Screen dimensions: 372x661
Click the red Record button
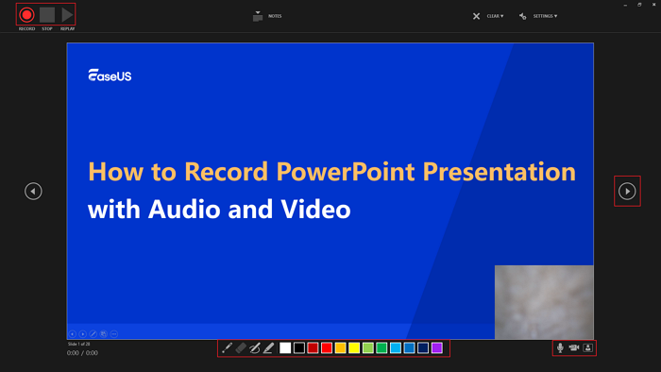[26, 15]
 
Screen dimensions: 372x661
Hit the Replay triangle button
[67, 15]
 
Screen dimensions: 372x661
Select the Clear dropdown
[488, 16]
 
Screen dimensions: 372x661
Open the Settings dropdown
[538, 16]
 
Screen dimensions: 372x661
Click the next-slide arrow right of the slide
[627, 192]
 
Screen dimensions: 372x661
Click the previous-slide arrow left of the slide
[33, 192]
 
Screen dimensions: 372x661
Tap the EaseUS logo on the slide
[110, 76]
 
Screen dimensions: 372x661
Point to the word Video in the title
[314, 209]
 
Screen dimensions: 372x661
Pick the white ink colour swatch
[285, 348]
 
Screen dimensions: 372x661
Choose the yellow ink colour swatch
[354, 348]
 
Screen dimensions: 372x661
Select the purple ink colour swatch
[437, 348]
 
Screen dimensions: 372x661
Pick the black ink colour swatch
[299, 348]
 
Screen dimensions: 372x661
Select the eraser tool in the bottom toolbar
[241, 348]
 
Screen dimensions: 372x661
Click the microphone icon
[560, 347]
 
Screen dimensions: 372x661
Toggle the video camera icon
[574, 347]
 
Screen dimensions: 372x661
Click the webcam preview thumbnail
[544, 301]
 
